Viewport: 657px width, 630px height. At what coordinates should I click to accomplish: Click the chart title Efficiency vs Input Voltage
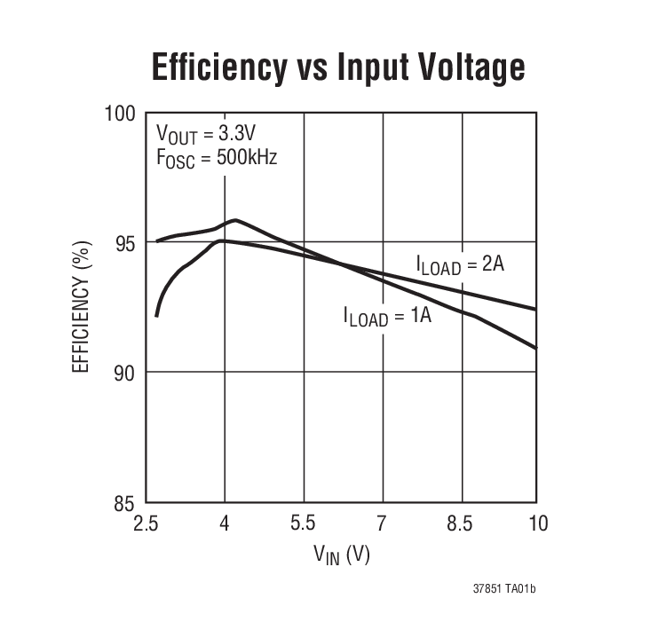pos(338,67)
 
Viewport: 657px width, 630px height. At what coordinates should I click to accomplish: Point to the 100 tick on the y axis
pos(119,114)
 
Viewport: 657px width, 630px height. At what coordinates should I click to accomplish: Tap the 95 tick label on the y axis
pos(124,242)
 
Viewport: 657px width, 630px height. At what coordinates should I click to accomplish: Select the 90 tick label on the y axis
pos(124,373)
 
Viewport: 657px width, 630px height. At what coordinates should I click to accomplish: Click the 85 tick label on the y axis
pos(124,502)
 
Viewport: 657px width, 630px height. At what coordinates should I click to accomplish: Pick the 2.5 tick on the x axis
pos(146,524)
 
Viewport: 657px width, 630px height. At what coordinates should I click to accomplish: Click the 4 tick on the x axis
pos(225,524)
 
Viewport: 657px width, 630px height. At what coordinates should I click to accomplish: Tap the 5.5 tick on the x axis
pos(304,524)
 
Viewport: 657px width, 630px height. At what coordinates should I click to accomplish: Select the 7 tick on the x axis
pos(382,524)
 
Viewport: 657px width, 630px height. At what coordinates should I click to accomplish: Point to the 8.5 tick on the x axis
pos(460,524)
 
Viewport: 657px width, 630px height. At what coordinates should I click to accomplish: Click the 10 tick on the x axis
pos(536,524)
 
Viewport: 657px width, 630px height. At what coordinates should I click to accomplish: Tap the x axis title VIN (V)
pos(341,555)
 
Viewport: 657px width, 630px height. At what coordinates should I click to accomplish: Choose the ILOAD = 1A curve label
pos(387,316)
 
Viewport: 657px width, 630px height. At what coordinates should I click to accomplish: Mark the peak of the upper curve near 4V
pos(234,219)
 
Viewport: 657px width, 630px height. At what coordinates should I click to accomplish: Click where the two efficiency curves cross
pos(340,263)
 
